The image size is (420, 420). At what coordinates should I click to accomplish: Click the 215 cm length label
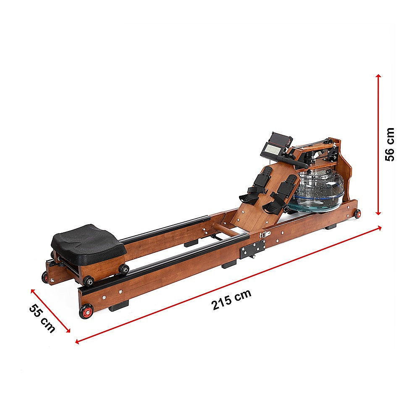coord(231,299)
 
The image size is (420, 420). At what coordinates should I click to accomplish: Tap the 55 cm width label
coord(42,318)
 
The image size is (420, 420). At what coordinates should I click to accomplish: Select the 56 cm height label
coord(390,144)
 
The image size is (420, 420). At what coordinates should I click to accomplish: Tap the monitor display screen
coord(273,148)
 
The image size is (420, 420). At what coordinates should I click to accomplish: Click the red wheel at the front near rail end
coord(87,312)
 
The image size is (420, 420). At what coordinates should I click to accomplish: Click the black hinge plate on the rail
coord(253,249)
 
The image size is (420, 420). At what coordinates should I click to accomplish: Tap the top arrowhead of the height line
coord(378,77)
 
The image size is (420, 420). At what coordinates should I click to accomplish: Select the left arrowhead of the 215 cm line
coord(77,342)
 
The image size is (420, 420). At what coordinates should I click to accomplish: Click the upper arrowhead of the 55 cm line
coord(32,290)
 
